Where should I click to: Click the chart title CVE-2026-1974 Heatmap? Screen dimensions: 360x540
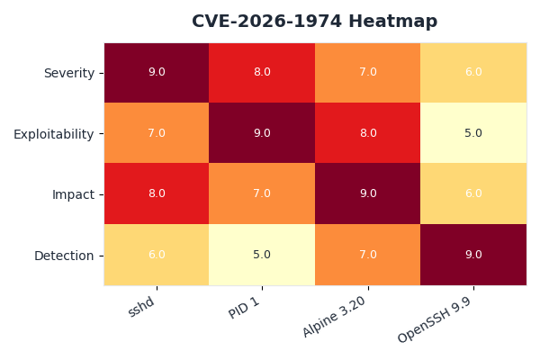coord(314,22)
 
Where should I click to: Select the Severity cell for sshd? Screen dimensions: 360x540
coord(157,72)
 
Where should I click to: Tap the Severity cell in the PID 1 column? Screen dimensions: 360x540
coord(262,72)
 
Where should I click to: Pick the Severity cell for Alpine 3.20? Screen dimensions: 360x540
coord(367,72)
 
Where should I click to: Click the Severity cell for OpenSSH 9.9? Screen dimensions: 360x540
coord(473,72)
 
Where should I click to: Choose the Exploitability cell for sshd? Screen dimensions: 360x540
coord(157,133)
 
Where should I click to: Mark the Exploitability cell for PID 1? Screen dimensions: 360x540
coord(262,133)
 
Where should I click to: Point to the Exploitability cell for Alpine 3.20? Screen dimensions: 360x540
coord(367,133)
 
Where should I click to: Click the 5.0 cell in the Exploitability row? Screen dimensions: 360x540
coord(473,133)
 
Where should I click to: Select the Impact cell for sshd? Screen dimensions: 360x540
coord(157,193)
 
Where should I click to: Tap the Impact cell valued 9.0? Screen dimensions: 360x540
coord(367,193)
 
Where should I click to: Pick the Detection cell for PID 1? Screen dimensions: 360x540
coord(262,255)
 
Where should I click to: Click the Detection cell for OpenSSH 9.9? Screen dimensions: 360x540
coord(473,255)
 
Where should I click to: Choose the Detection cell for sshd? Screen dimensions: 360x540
coord(157,255)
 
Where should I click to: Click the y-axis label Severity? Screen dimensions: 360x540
coord(68,73)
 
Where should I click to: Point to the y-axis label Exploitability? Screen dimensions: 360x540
coord(53,134)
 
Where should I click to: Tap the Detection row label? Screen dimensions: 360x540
coord(64,256)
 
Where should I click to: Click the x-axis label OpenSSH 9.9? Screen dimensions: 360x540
coord(436,320)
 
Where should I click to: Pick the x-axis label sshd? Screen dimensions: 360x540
coord(143,307)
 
